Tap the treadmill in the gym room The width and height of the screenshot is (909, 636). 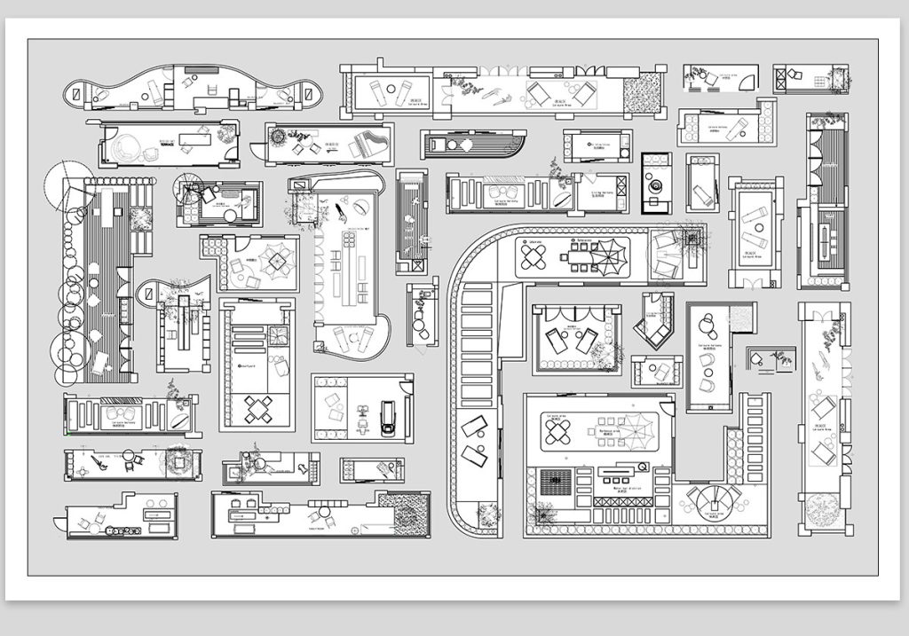(387, 416)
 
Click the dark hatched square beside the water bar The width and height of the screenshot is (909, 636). (555, 483)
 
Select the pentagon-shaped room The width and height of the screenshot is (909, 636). (654, 320)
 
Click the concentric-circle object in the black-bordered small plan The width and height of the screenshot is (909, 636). (657, 187)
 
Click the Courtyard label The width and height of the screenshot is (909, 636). (248, 364)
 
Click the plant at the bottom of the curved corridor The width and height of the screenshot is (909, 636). (487, 514)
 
